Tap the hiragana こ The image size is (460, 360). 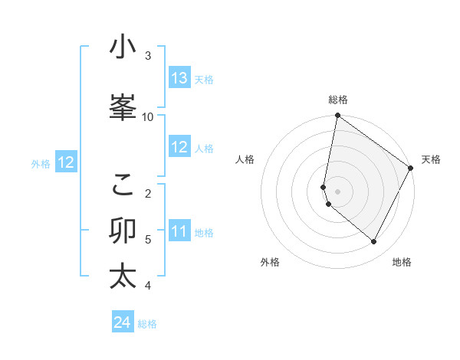pyautogui.click(x=123, y=184)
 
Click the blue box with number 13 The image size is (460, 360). pyautogui.click(x=179, y=78)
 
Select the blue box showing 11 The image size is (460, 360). pyautogui.click(x=179, y=231)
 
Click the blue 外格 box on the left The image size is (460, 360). pyautogui.click(x=65, y=162)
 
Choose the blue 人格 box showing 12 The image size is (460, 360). pyautogui.click(x=179, y=148)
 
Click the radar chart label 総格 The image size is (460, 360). pyautogui.click(x=338, y=100)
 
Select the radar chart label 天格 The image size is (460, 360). pyautogui.click(x=431, y=159)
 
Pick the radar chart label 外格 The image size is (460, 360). pyautogui.click(x=270, y=262)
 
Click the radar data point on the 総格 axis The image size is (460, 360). pyautogui.click(x=337, y=116)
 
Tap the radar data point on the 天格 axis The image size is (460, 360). pyautogui.click(x=411, y=168)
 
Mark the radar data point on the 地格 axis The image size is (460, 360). pyautogui.click(x=374, y=242)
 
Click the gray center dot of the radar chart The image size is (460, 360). pyautogui.click(x=337, y=191)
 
